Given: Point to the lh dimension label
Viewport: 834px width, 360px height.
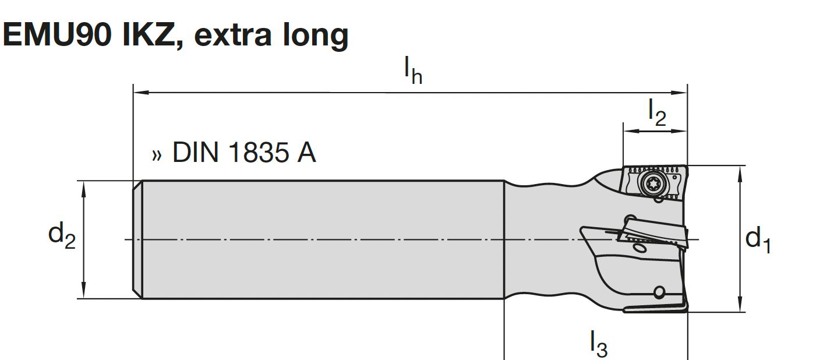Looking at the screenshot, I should (x=413, y=72).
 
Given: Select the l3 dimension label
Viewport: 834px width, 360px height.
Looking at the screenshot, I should (x=598, y=344).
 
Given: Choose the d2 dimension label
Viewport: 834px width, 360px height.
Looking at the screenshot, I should (x=62, y=236).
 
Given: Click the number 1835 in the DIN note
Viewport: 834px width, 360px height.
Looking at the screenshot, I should (x=256, y=153).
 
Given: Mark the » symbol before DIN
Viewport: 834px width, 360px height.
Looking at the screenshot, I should (x=157, y=155).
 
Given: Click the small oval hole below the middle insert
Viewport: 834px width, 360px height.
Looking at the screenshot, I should (x=639, y=249).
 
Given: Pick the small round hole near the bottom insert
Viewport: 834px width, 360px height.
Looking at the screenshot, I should (x=659, y=291).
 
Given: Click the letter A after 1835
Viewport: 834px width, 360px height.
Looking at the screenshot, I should (x=306, y=153).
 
